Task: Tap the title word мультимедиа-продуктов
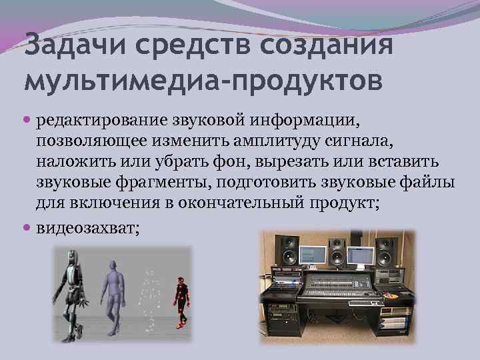point(203,81)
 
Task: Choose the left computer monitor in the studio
point(312,254)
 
